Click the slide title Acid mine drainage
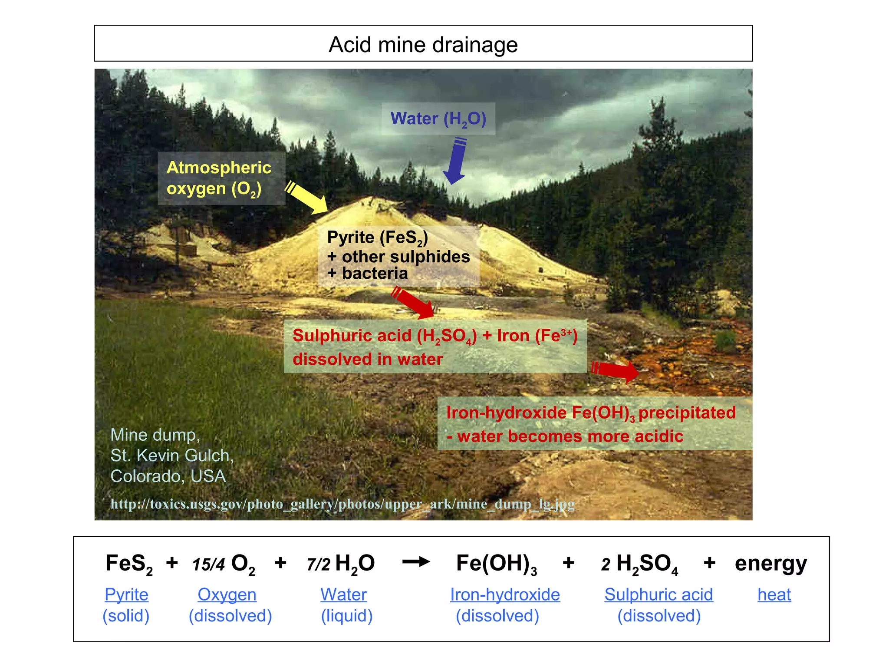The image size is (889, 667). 423,45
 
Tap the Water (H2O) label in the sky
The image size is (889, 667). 438,119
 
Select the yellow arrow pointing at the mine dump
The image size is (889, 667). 307,199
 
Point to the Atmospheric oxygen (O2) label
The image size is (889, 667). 219,178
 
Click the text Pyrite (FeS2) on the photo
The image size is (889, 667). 377,238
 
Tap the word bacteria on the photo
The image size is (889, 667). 375,274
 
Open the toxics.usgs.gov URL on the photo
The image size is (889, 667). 342,504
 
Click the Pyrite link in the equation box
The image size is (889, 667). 126,594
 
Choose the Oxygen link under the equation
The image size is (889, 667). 227,594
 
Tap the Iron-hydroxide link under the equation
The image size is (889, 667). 505,594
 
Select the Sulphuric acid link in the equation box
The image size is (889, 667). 659,594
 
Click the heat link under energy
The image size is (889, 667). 774,594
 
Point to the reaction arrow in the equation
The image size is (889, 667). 416,562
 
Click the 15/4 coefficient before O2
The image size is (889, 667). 208,565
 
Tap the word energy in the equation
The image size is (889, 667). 771,564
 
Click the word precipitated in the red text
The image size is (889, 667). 687,413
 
